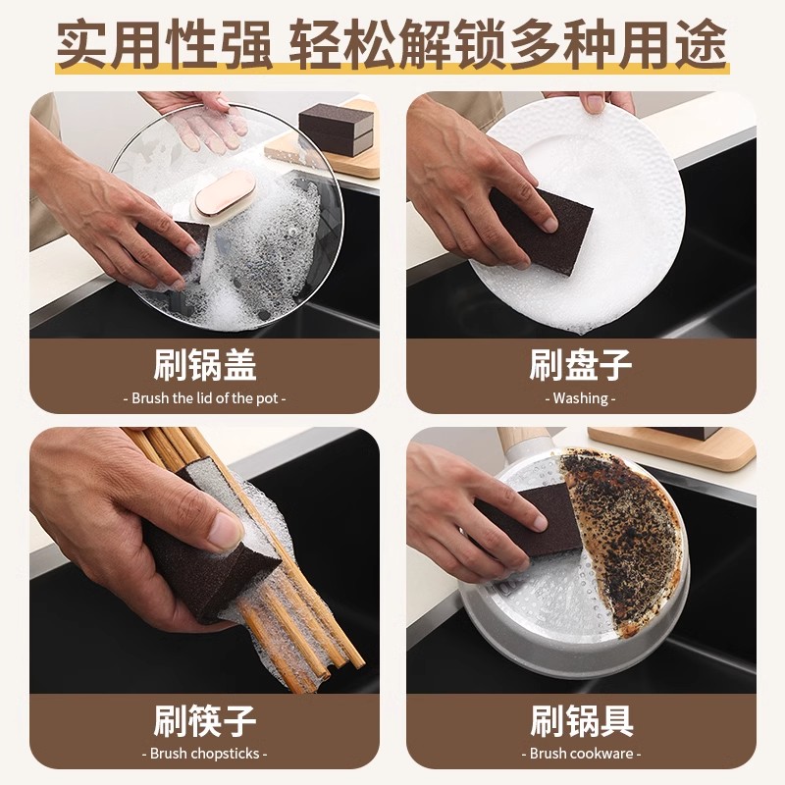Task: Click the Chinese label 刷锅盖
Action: [205, 366]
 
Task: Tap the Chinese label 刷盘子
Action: [581, 366]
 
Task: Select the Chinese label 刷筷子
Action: [205, 721]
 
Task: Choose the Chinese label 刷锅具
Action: [581, 721]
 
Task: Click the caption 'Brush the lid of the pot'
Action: [205, 398]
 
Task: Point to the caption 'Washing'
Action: [581, 398]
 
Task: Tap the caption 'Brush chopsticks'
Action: [205, 754]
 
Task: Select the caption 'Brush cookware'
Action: [581, 754]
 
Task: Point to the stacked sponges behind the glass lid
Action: [335, 128]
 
